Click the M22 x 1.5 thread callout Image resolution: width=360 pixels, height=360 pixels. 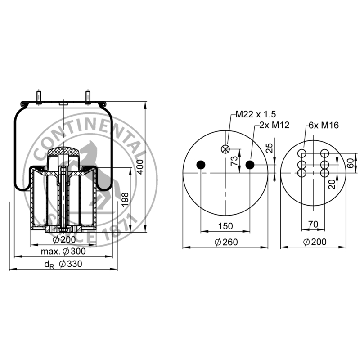pyautogui.click(x=256, y=114)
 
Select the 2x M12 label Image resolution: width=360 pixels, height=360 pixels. pyautogui.click(x=274, y=125)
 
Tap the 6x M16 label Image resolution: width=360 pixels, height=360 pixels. pyautogui.click(x=324, y=125)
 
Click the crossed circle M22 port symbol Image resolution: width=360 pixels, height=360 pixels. pyautogui.click(x=225, y=149)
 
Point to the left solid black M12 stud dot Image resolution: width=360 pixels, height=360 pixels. pyautogui.click(x=201, y=165)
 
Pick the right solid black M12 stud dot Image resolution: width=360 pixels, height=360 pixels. pyautogui.click(x=250, y=165)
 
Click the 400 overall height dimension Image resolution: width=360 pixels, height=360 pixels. pyautogui.click(x=140, y=167)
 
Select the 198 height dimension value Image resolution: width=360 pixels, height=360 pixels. pyautogui.click(x=125, y=200)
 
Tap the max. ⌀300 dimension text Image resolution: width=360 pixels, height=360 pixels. pyautogui.click(x=63, y=251)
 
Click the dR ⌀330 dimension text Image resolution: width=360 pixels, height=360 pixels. pyautogui.click(x=63, y=264)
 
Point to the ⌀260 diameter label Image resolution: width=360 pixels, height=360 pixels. pyautogui.click(x=226, y=242)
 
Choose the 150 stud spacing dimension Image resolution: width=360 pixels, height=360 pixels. pyautogui.click(x=225, y=226)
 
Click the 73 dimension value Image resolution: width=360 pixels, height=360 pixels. pyautogui.click(x=234, y=161)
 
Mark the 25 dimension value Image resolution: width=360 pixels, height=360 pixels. pyautogui.click(x=270, y=148)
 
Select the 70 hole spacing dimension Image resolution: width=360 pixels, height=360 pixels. pyautogui.click(x=313, y=224)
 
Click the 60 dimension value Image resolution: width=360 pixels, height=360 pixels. pyautogui.click(x=351, y=163)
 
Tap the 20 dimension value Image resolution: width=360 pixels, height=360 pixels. pyautogui.click(x=332, y=184)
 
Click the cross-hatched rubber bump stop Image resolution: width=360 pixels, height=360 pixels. pyautogui.click(x=63, y=151)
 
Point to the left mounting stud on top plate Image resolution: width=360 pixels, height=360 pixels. pyautogui.click(x=39, y=97)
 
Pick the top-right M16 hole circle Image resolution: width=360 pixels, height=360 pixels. pyautogui.click(x=325, y=153)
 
